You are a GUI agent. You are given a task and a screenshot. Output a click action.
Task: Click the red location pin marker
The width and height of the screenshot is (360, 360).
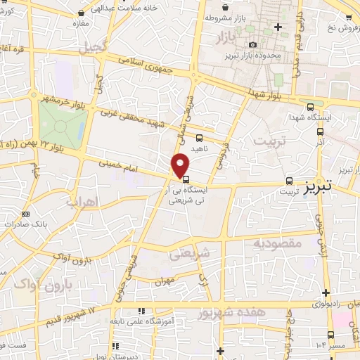pos(181,165)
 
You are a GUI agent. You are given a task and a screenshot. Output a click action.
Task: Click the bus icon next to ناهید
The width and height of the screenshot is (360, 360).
pos(200,138)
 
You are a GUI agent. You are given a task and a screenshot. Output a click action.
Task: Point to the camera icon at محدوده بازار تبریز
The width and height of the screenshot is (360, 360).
pos(252,45)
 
